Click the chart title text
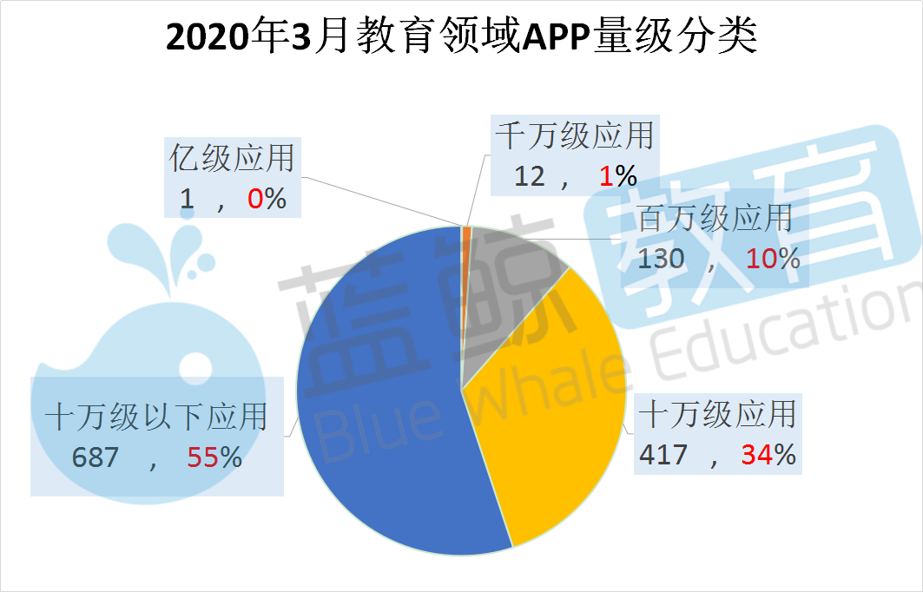coord(461,37)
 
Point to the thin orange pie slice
coord(466,233)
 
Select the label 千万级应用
coord(573,136)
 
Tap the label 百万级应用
coord(715,218)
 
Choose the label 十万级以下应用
coord(155,418)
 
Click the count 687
coord(96,457)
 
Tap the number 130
coord(662,258)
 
